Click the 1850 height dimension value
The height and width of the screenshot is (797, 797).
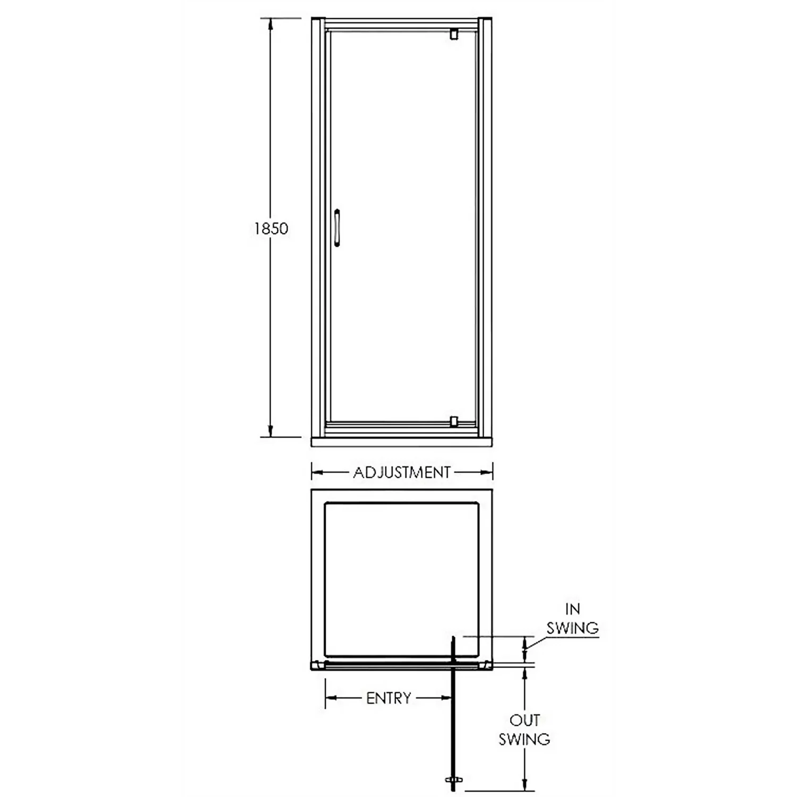(x=271, y=228)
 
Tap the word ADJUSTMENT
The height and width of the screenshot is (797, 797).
(x=402, y=472)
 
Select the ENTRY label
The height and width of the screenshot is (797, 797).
(x=388, y=698)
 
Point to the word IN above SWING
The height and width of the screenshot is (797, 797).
(x=573, y=609)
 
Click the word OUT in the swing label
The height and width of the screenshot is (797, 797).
(x=524, y=720)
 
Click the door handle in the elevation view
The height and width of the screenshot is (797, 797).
(x=337, y=228)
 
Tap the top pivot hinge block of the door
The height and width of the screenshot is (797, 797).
(x=454, y=34)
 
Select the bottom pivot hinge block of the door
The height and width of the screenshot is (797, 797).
(x=453, y=421)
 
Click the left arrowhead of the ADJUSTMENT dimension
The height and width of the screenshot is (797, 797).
(x=317, y=472)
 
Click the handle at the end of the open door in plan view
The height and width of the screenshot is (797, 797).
(x=453, y=780)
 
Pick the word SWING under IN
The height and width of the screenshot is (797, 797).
(x=573, y=628)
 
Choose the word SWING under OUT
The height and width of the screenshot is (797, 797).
(x=524, y=739)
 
